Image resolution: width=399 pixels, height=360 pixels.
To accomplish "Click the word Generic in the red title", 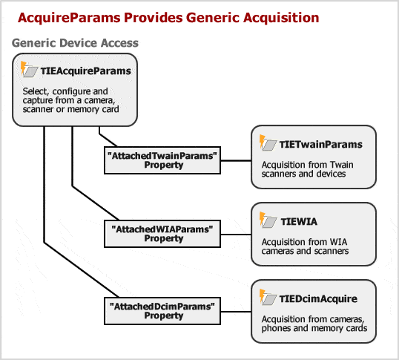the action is pos(212,18).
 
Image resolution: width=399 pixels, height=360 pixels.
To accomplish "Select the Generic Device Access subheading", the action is pos(75,43).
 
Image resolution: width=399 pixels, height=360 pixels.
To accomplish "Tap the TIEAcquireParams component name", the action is pos(86,71).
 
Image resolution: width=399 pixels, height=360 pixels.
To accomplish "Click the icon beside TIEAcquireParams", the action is pos(29,69).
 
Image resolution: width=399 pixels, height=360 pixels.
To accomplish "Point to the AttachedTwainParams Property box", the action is pos(162,160).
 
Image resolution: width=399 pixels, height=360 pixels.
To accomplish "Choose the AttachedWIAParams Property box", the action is pos(162,234).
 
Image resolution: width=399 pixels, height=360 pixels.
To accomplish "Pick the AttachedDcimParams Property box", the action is pos(162,311).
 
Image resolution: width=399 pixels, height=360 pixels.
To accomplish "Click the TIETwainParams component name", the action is pos(320,144).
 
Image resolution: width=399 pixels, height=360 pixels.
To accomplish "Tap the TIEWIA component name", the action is pos(299,221).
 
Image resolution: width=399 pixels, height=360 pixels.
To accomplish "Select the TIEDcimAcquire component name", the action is pos(318,298).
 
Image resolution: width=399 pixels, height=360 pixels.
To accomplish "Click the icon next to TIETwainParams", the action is pos(268,143).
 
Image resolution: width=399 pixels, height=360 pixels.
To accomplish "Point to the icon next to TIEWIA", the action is pos(268,220).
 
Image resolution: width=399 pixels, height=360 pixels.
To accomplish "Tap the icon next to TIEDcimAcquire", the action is pos(268,297).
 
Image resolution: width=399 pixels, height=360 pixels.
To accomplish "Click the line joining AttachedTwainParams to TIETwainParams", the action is pos(236,160).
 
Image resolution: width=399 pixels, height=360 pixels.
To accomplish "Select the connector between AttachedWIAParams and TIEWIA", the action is pos(236,235).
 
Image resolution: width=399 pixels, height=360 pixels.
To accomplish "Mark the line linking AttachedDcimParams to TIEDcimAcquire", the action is pos(236,311).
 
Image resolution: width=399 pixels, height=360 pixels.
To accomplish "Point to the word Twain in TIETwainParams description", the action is pos(341,165).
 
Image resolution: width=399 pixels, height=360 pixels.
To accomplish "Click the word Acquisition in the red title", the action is pos(281,18).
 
